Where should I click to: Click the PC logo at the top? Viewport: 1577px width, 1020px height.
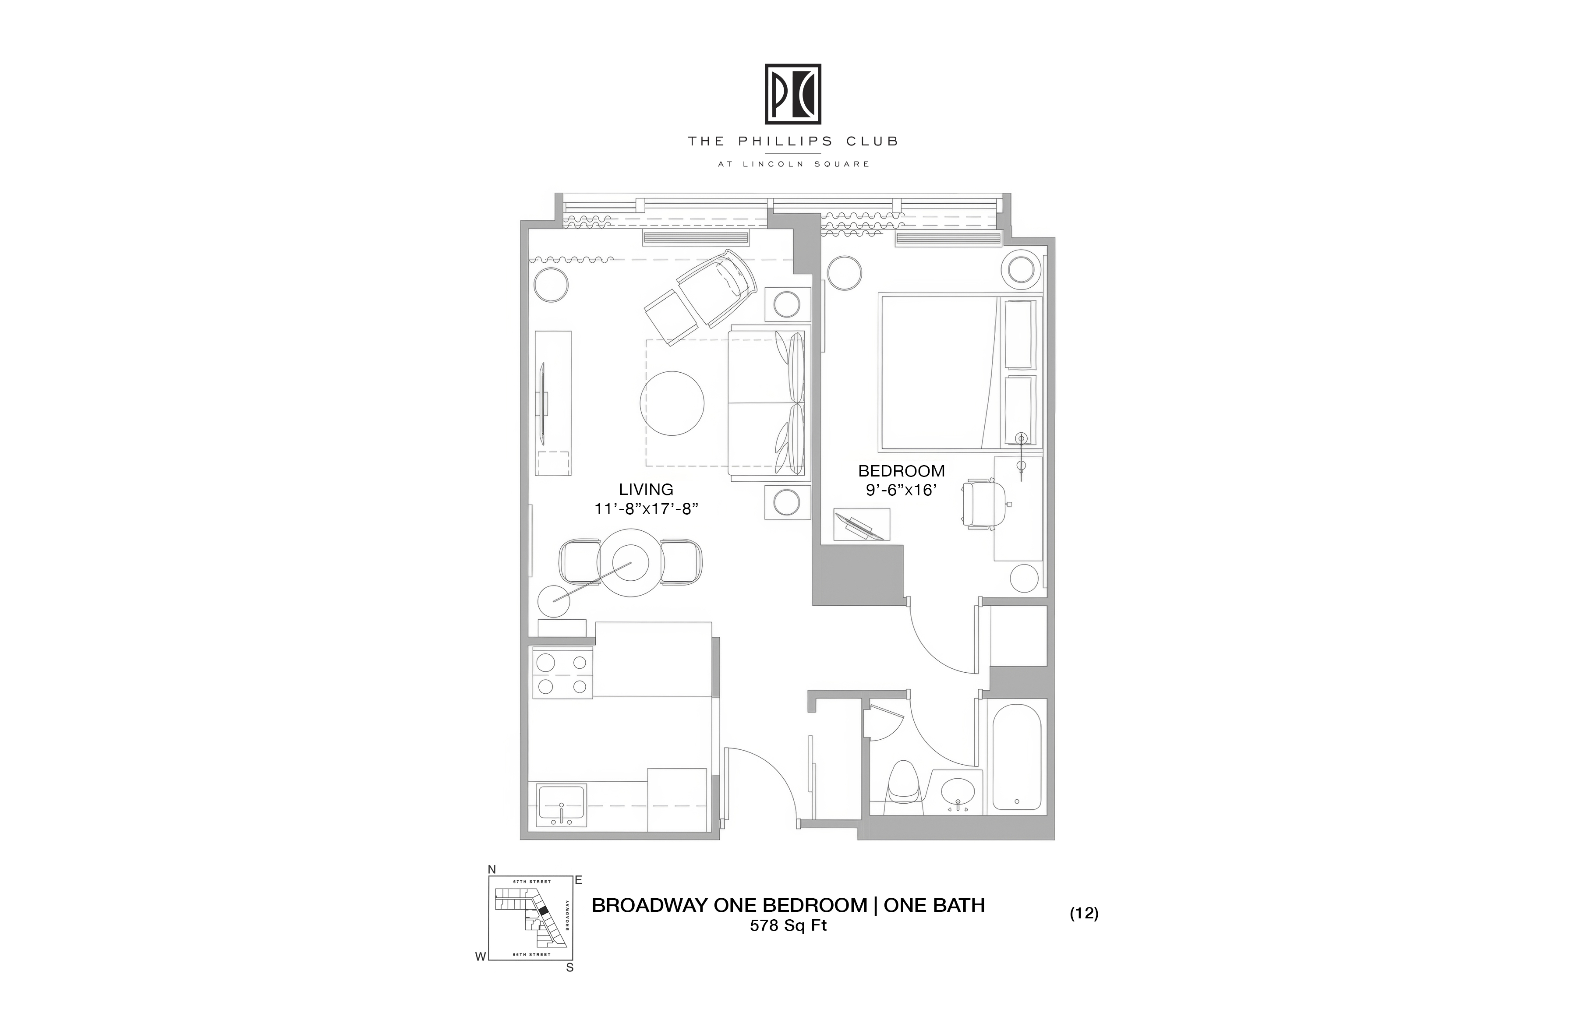[793, 94]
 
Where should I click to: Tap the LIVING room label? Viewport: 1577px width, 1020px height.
[646, 490]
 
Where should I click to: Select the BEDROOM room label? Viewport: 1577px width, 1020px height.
[902, 471]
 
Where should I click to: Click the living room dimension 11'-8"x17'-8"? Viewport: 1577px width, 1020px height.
[647, 508]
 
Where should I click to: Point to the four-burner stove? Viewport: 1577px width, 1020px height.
[562, 674]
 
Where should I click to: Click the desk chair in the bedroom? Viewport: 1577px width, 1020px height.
[983, 505]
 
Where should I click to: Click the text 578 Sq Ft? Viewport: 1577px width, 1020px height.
[788, 926]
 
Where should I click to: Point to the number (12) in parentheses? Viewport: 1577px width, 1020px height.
[1084, 914]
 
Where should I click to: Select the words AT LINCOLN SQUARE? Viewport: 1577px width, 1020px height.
[793, 164]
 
